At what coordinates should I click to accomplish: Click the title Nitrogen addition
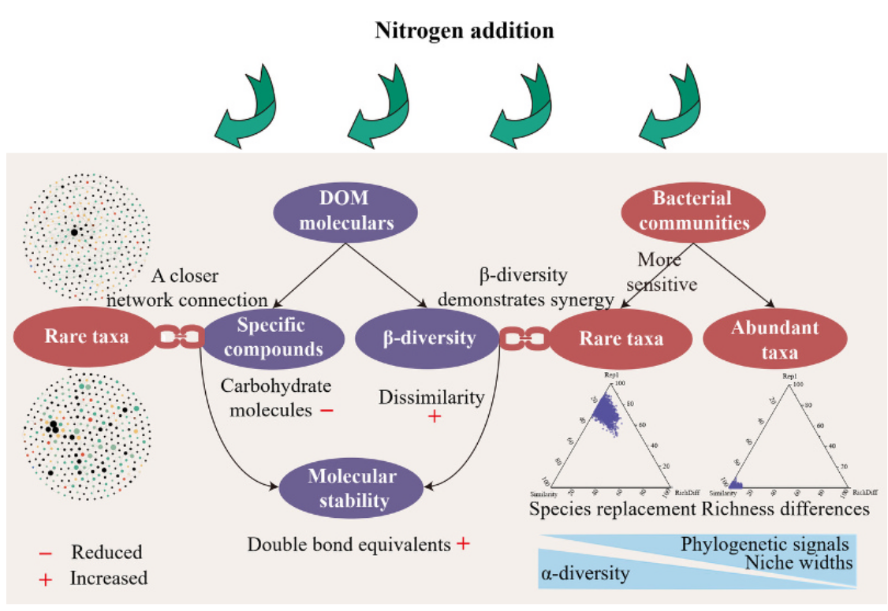click(x=464, y=32)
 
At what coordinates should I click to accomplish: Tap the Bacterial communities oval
click(x=695, y=210)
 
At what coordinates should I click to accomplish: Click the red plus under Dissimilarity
click(x=435, y=415)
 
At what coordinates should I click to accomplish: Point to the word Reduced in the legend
click(x=107, y=552)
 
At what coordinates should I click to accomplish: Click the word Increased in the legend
click(x=109, y=578)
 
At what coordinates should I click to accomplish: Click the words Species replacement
click(x=613, y=509)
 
